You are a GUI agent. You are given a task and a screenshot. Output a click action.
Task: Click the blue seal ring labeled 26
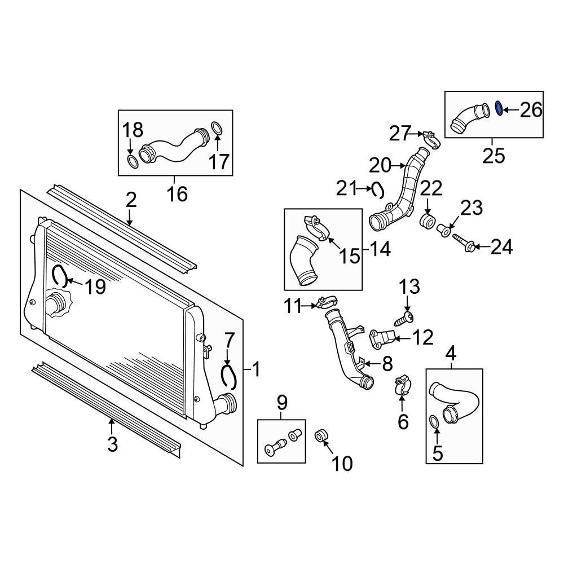(x=499, y=108)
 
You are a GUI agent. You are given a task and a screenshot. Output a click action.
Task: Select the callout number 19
(x=95, y=287)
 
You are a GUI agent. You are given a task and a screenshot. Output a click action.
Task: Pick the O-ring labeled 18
(x=133, y=162)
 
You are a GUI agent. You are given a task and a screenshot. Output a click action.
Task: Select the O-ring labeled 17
(x=218, y=129)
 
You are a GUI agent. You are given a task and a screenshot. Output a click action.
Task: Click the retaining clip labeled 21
(x=377, y=190)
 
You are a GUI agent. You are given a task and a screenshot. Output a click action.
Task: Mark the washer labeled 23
(x=444, y=230)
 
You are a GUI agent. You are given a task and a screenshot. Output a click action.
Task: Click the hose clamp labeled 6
(x=402, y=385)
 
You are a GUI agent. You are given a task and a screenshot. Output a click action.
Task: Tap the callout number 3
(x=112, y=444)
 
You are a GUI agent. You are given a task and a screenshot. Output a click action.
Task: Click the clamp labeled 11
(x=327, y=305)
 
